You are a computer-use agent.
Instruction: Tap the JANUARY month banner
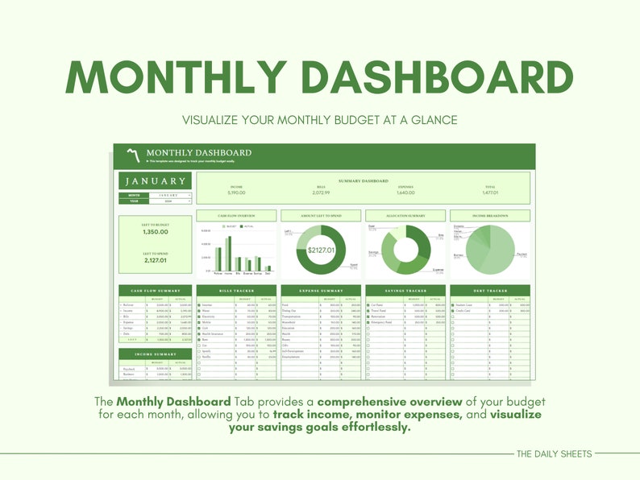tap(155, 181)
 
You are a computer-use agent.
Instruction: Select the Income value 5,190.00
tap(236, 192)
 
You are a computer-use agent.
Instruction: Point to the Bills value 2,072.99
tap(321, 192)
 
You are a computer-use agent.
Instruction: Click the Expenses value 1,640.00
tap(406, 192)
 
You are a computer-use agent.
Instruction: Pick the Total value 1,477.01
tap(490, 192)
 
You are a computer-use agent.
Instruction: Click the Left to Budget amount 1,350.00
tap(155, 232)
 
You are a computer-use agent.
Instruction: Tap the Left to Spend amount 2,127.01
tap(155, 260)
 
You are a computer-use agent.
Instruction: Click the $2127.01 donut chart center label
tap(321, 250)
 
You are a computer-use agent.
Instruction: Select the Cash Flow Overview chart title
tap(235, 216)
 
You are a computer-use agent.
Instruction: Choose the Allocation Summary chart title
tap(405, 216)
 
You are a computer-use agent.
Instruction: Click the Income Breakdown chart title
tap(490, 216)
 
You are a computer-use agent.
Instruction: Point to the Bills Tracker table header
tap(235, 290)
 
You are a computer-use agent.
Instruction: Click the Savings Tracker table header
tap(405, 290)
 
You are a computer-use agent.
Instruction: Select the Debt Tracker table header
tap(490, 290)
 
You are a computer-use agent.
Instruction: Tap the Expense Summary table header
tap(321, 290)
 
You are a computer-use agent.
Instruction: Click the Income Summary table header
tap(155, 354)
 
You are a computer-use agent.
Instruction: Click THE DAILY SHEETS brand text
tap(555, 454)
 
